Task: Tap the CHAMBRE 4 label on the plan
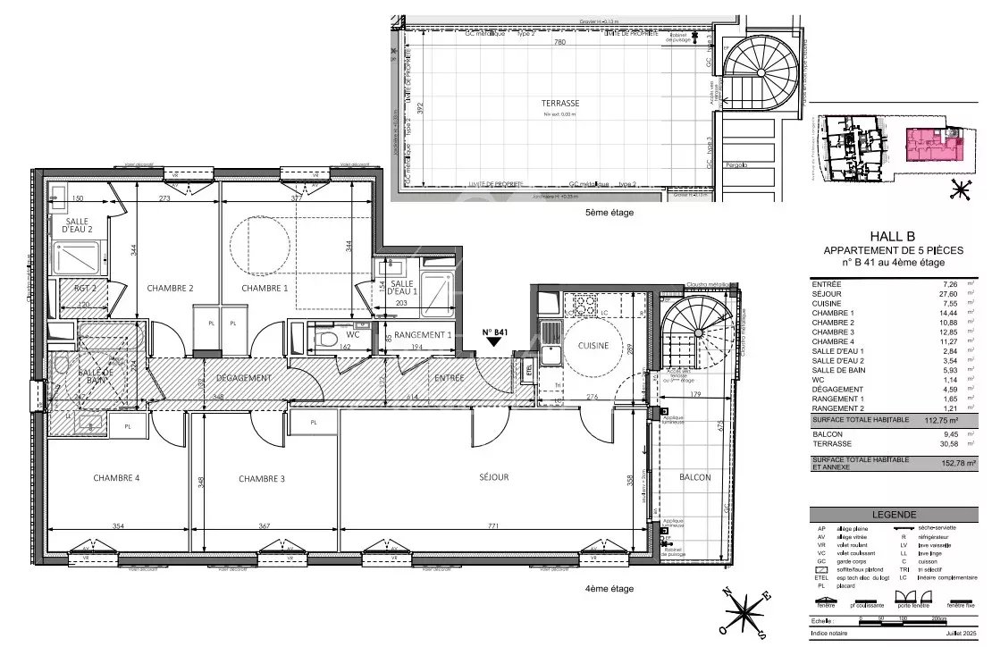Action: click(116, 478)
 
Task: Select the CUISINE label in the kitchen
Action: click(593, 345)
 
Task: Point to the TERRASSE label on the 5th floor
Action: click(560, 103)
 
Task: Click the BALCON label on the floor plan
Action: click(694, 477)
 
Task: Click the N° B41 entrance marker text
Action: click(495, 332)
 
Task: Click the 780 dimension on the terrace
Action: click(559, 42)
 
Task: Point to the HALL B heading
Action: click(883, 237)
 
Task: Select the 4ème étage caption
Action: click(609, 589)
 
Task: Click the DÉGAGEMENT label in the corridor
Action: click(243, 378)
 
